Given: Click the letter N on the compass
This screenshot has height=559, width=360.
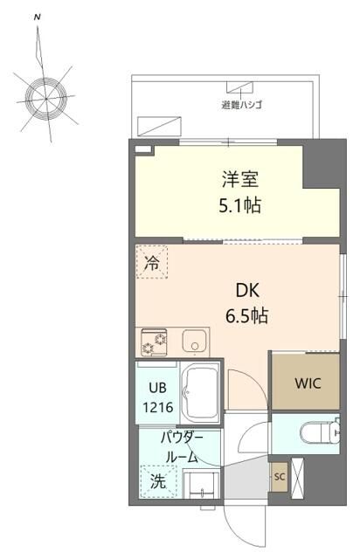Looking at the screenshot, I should tap(36, 17).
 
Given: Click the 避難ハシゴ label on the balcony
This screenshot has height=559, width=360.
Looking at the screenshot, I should tap(242, 104).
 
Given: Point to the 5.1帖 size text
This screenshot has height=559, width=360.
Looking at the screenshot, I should tap(240, 207).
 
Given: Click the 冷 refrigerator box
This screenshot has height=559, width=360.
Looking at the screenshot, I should tap(152, 263).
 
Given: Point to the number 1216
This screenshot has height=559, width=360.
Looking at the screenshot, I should tap(158, 406).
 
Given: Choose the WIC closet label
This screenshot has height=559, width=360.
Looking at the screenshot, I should tap(308, 382).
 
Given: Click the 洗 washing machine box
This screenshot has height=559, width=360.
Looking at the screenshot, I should tap(157, 480).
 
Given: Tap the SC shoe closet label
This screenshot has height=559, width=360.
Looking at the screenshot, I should tap(280, 477).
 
